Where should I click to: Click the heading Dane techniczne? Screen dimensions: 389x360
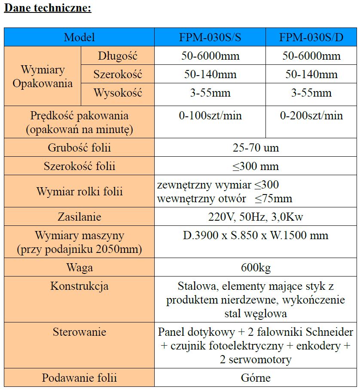(48, 8)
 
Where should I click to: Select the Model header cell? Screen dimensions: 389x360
(79, 37)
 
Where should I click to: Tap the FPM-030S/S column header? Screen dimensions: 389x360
(210, 37)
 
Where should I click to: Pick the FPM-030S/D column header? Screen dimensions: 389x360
(311, 37)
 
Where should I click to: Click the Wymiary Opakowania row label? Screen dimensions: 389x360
(43, 76)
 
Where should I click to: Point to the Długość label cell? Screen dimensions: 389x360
(117, 56)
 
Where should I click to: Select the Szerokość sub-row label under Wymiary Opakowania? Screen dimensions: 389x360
(117, 75)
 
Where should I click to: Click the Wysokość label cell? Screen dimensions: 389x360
(117, 93)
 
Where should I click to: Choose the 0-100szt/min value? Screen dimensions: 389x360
(210, 115)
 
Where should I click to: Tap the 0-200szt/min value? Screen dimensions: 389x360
(311, 115)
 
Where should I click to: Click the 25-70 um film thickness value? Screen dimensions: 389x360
(256, 148)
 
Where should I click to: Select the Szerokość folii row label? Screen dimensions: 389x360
(79, 167)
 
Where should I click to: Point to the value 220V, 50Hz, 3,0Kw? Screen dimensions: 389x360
(256, 217)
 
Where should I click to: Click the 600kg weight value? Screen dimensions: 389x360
(256, 268)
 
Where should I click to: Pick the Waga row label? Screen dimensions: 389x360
(79, 268)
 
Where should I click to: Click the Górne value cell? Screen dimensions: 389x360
(256, 378)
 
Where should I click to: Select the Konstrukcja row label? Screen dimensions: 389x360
(79, 286)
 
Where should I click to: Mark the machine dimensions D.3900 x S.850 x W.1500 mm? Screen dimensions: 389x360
(256, 235)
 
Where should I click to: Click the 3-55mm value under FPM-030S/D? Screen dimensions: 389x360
(311, 93)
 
